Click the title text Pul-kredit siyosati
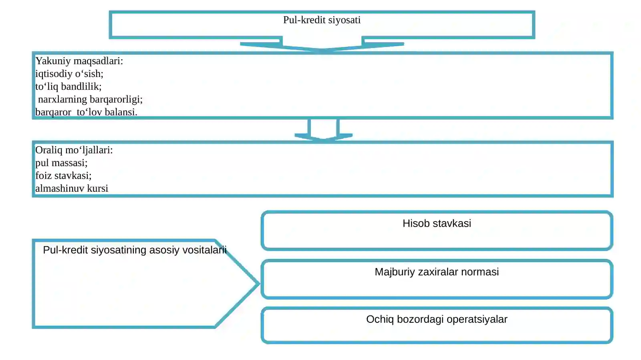pyautogui.click(x=322, y=20)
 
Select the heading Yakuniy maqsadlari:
pyautogui.click(x=79, y=61)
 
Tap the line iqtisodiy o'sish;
pyautogui.click(x=69, y=74)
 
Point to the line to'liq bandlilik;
pyautogui.click(x=69, y=86)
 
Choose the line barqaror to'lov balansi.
pyautogui.click(x=86, y=112)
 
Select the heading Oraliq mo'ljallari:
pyautogui.click(x=74, y=150)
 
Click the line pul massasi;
pyautogui.click(x=61, y=163)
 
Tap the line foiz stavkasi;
pyautogui.click(x=63, y=175)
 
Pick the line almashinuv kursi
pyautogui.click(x=72, y=189)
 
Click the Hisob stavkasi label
pyautogui.click(x=437, y=223)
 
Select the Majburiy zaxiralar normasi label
pyautogui.click(x=437, y=272)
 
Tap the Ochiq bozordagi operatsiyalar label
pyautogui.click(x=437, y=320)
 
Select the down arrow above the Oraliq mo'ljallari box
pyautogui.click(x=323, y=130)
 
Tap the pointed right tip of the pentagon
pyautogui.click(x=259, y=284)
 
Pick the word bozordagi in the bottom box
pyautogui.click(x=420, y=320)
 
